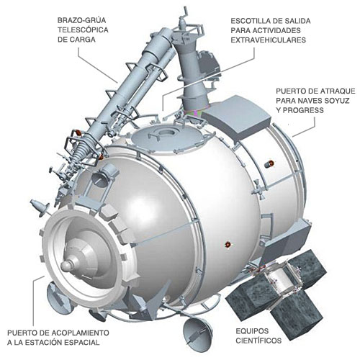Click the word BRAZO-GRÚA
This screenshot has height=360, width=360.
tap(81, 20)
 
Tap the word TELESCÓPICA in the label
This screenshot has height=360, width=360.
tap(83, 30)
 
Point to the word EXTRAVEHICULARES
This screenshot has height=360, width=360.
tap(269, 40)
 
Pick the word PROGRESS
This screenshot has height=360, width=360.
tap(303, 110)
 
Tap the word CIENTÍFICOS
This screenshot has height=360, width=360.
tap(258, 341)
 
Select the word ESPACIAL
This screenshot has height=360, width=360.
tap(81, 343)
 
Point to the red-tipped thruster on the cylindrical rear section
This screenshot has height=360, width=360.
tap(269, 164)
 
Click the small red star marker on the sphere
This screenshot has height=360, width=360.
tap(228, 245)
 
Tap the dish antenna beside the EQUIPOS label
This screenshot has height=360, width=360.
tap(197, 330)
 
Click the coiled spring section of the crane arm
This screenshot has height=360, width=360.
tap(79, 150)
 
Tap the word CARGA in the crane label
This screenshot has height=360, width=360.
tap(76, 40)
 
